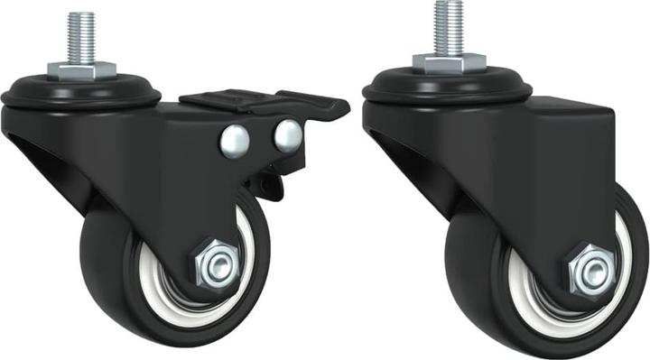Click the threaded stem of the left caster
pos(78,35)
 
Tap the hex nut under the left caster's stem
pos(79,70)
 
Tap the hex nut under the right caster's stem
pos(449,61)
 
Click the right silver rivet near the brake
pos(288,134)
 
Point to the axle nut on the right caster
pos(590,270)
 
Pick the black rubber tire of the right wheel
pos(478,289)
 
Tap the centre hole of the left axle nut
pos(215,265)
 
